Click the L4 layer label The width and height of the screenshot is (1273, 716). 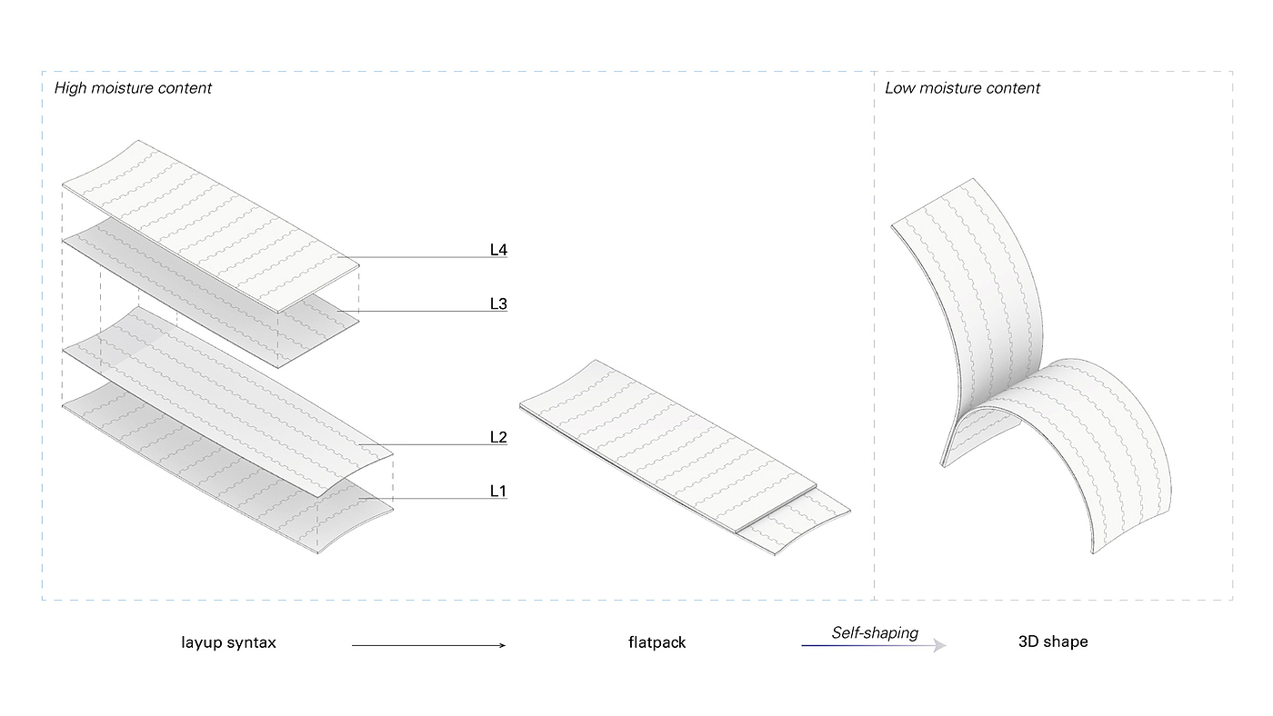click(x=497, y=249)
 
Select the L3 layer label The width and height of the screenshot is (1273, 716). click(x=497, y=303)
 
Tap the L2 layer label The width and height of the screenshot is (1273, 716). click(x=497, y=437)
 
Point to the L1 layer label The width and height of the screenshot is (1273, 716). click(x=497, y=491)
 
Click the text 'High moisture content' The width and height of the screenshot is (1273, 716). click(x=133, y=88)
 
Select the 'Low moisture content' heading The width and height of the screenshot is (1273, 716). click(x=962, y=88)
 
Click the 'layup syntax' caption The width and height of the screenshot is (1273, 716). click(x=228, y=642)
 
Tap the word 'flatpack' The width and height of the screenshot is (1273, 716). click(x=657, y=642)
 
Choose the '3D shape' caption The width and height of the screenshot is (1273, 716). click(x=1053, y=641)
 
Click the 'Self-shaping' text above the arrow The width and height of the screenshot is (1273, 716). click(x=875, y=632)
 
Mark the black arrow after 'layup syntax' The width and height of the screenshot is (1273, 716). click(x=427, y=645)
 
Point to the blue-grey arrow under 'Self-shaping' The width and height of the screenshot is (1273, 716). click(x=873, y=645)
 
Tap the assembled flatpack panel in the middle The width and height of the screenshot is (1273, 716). click(x=664, y=436)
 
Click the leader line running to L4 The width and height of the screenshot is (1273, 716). click(x=418, y=258)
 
